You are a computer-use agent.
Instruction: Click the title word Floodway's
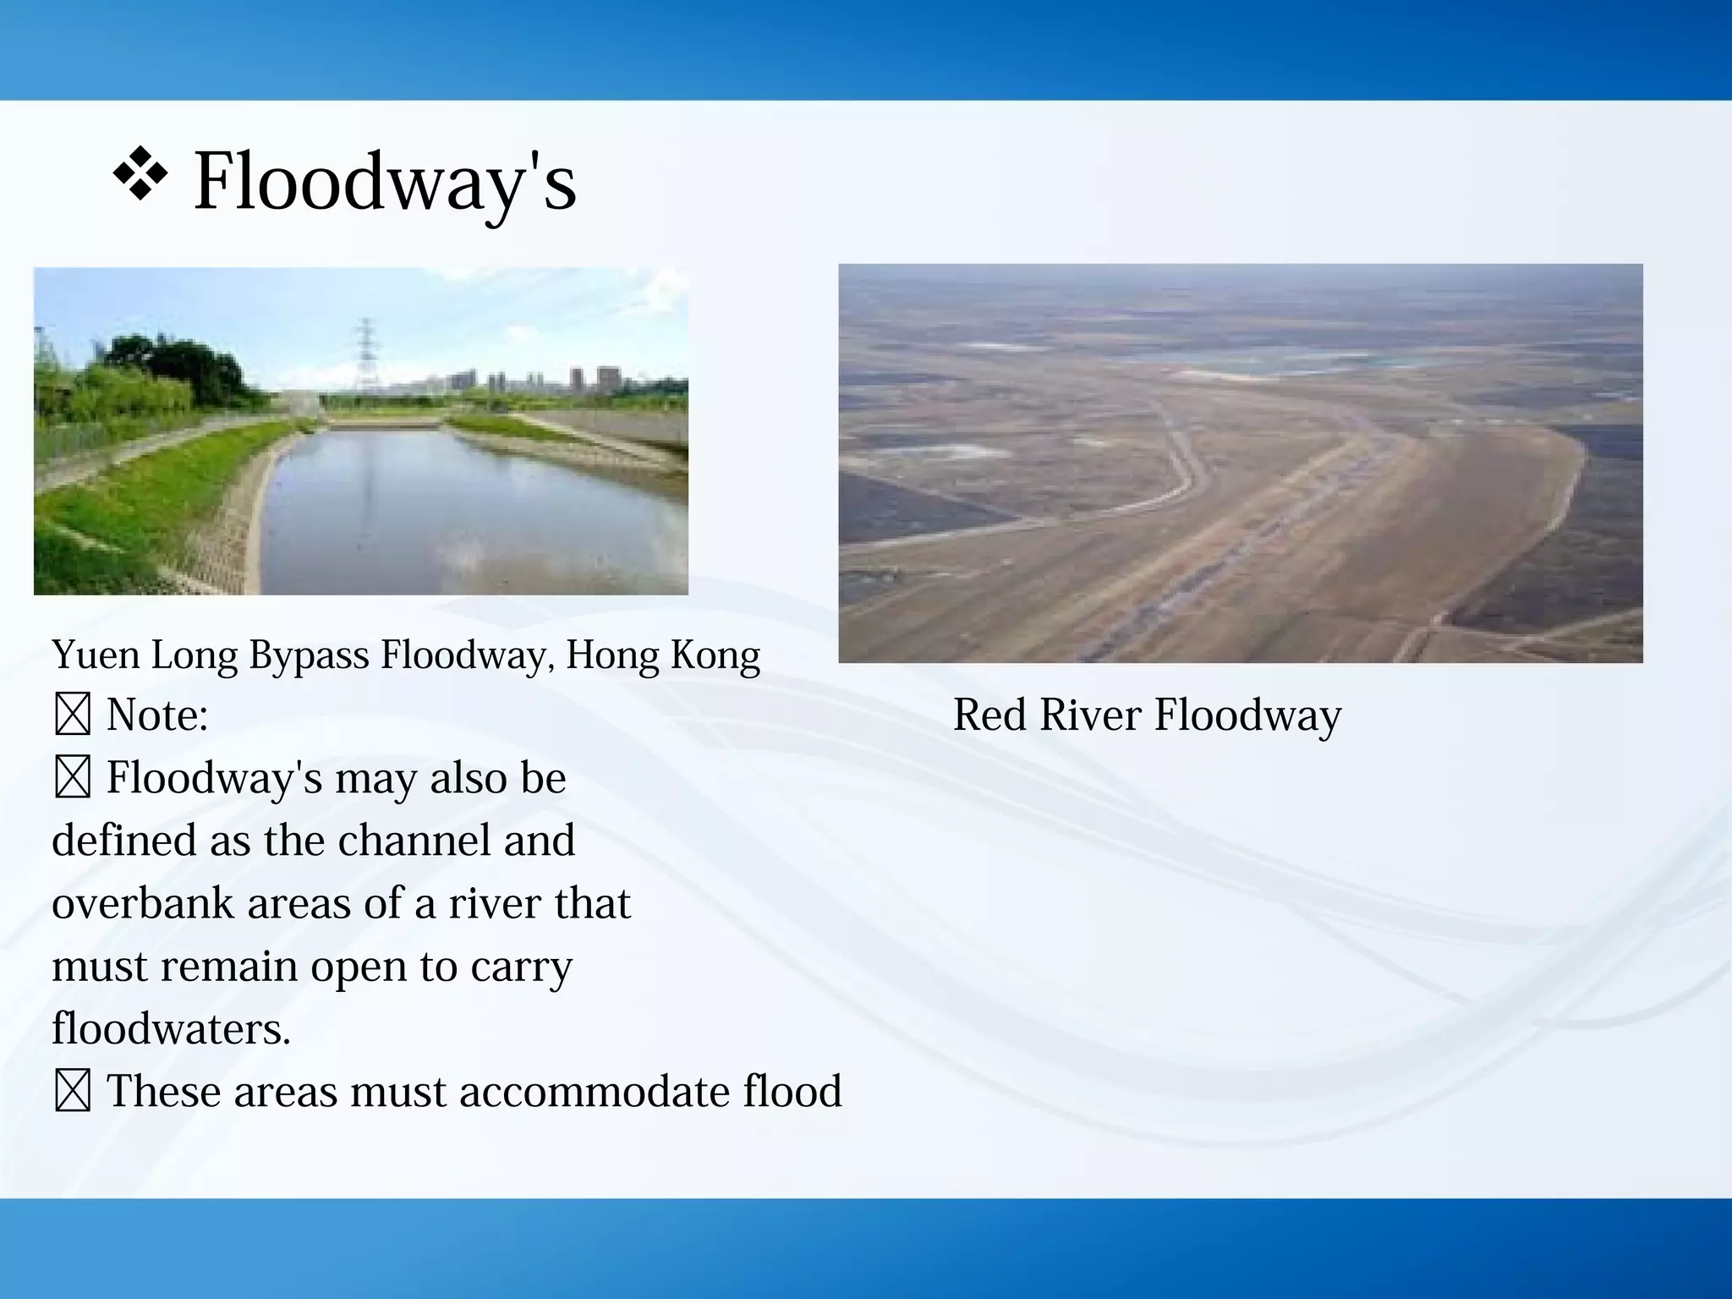385,182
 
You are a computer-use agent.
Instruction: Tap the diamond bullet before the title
140,174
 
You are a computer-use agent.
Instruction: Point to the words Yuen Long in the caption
145,655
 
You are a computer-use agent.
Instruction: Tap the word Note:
157,715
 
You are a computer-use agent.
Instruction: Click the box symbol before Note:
73,715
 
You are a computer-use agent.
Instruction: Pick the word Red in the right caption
989,715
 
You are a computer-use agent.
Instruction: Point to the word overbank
143,903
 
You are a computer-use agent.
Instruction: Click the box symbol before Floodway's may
73,778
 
